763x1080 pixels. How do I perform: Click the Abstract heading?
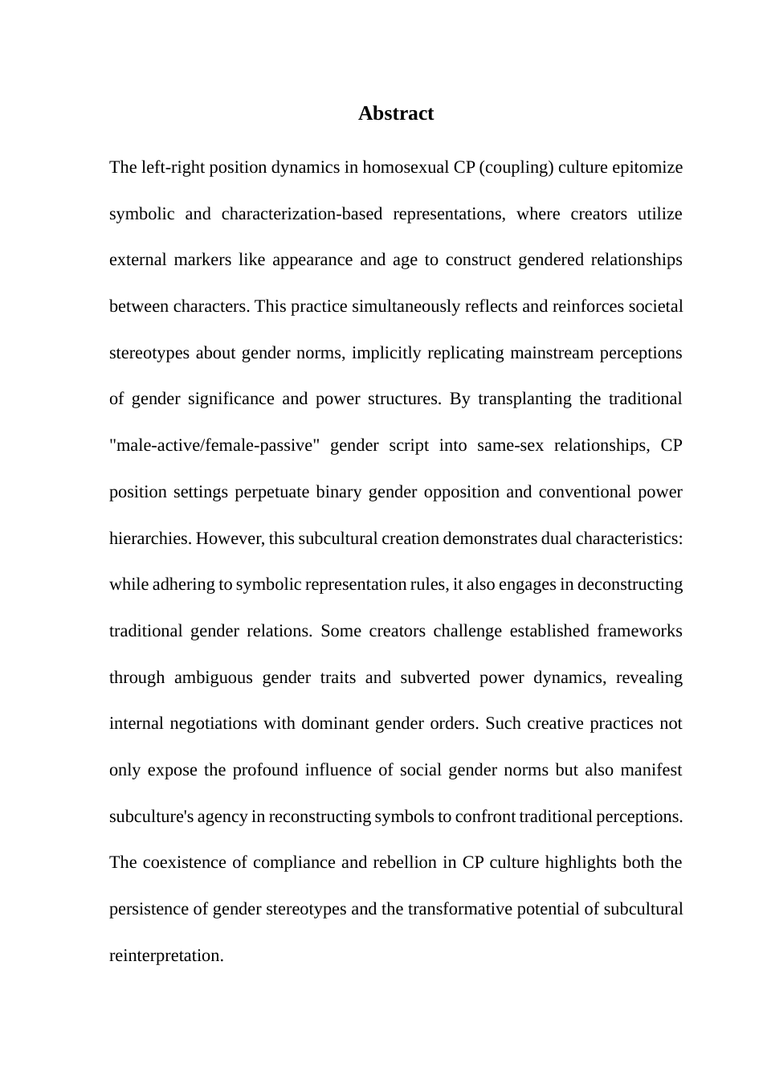(396, 113)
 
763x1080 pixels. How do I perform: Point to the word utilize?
(659, 214)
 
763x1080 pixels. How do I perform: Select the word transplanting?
(524, 399)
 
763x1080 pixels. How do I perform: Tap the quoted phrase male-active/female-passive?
(210, 445)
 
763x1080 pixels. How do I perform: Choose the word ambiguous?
(213, 677)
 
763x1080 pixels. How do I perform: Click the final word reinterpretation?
(166, 955)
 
